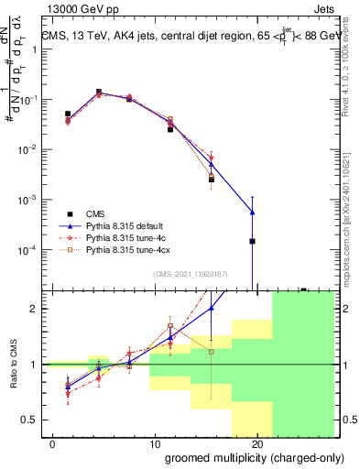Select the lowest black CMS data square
[252, 241]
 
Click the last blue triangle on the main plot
[252, 213]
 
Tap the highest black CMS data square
[99, 92]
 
